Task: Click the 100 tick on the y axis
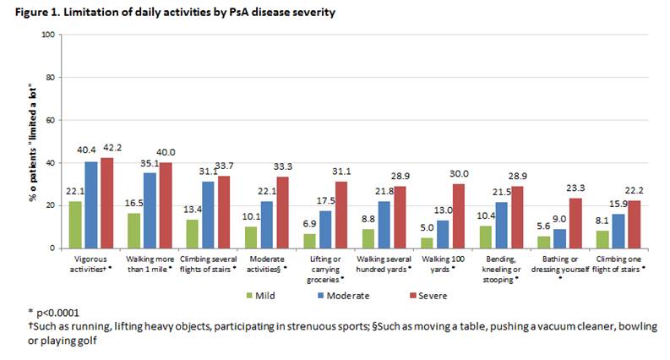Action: point(48,35)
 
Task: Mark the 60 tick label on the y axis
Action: point(51,120)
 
